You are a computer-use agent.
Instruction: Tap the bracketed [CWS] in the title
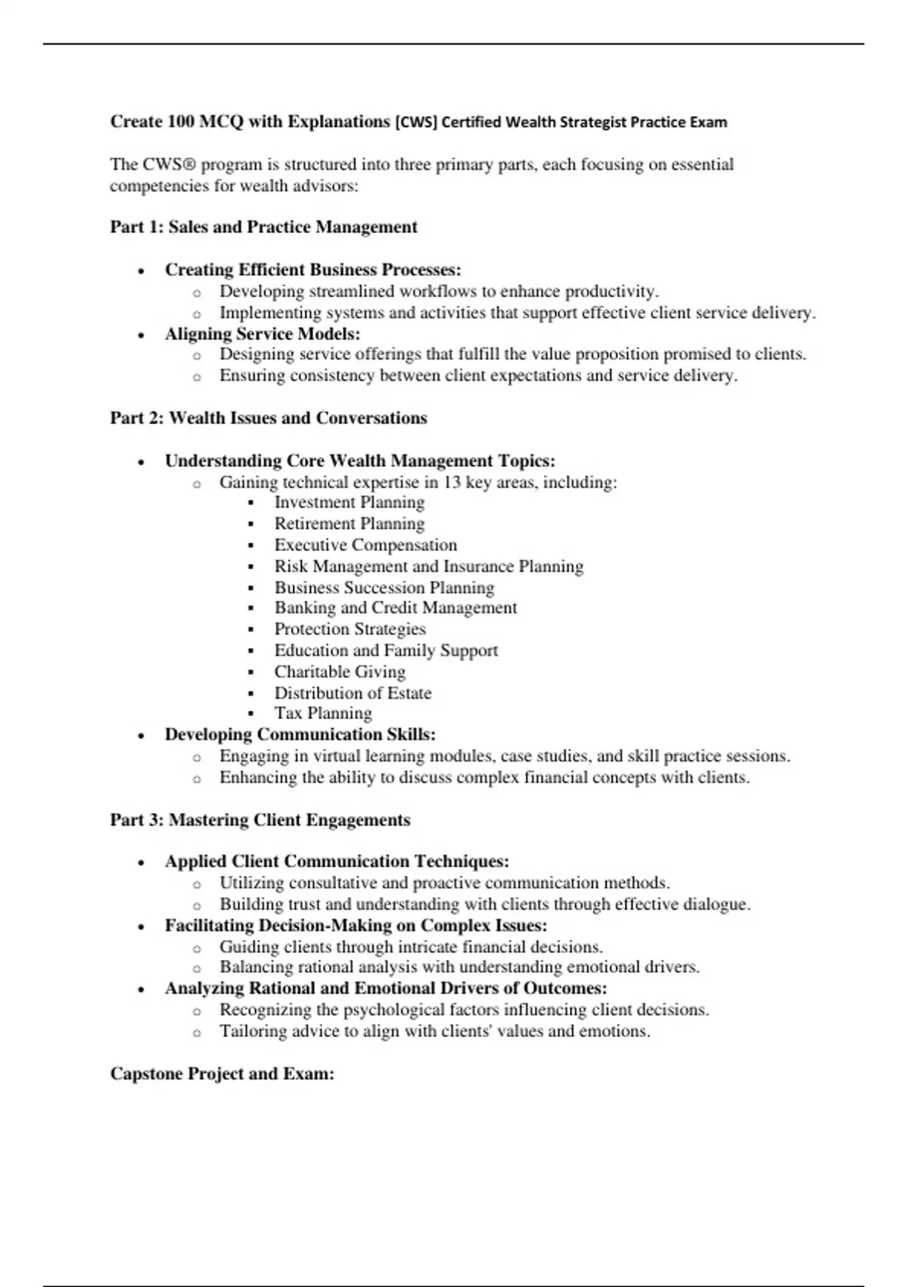pyautogui.click(x=415, y=122)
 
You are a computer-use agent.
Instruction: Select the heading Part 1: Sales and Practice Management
pyautogui.click(x=263, y=227)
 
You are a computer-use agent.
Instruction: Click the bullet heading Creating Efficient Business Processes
pyautogui.click(x=313, y=270)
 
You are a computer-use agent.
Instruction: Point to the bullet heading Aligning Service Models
pyautogui.click(x=262, y=334)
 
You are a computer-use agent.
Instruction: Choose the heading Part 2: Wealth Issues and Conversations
pyautogui.click(x=269, y=418)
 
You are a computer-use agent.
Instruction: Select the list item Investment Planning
pyautogui.click(x=349, y=503)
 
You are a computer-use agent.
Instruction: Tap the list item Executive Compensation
pyautogui.click(x=365, y=545)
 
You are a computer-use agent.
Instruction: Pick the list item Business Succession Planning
pyautogui.click(x=384, y=587)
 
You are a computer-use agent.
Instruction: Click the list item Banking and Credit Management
pyautogui.click(x=395, y=608)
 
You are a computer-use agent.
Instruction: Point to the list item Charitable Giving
pyautogui.click(x=339, y=672)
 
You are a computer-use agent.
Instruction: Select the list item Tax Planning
pyautogui.click(x=322, y=713)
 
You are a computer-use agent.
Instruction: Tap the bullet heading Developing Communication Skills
pyautogui.click(x=300, y=734)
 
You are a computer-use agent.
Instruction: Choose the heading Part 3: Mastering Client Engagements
pyautogui.click(x=260, y=820)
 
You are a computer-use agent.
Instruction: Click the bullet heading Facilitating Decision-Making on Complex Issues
pyautogui.click(x=356, y=925)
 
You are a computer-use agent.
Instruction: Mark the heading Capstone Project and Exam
pyautogui.click(x=222, y=1074)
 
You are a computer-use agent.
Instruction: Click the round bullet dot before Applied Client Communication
pyautogui.click(x=141, y=862)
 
